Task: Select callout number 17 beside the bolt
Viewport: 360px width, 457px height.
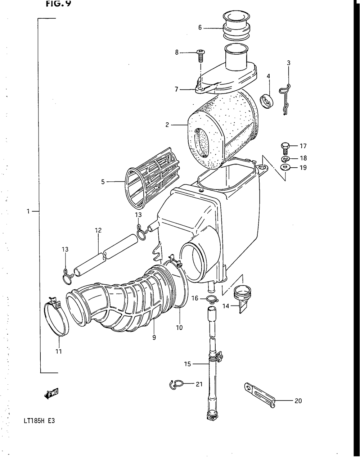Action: tap(303, 146)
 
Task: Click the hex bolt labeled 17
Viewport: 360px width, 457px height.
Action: tap(284, 147)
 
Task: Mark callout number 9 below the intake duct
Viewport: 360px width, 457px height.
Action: tap(154, 338)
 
